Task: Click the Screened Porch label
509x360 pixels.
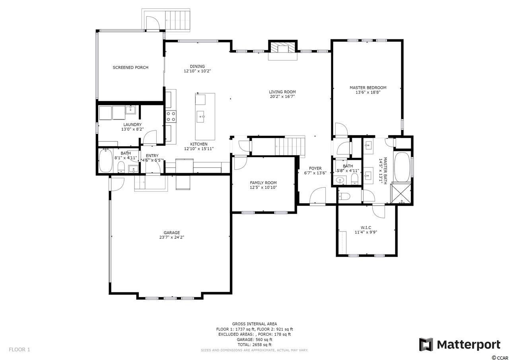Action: (130, 68)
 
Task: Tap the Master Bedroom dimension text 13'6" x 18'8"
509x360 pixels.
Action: (368, 92)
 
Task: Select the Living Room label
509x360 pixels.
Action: (282, 92)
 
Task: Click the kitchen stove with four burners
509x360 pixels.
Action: (171, 117)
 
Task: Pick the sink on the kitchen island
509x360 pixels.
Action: (200, 117)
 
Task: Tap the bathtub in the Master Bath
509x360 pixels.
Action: (402, 167)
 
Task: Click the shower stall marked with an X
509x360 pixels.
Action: (400, 193)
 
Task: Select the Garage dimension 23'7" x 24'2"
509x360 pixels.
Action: (172, 237)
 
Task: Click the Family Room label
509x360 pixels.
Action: (263, 183)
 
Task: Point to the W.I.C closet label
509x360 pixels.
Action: (366, 228)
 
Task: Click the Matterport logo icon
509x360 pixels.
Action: (426, 345)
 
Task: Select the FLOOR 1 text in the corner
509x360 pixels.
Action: (19, 350)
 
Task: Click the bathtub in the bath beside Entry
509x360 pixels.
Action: (106, 161)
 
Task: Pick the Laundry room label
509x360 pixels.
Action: (132, 125)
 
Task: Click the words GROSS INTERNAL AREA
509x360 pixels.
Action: (254, 324)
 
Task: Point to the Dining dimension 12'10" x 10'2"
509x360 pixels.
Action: (197, 71)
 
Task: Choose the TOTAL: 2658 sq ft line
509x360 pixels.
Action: (254, 344)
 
